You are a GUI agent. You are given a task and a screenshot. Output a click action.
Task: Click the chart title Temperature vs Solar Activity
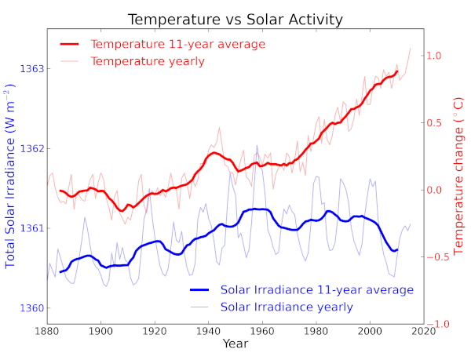click(235, 19)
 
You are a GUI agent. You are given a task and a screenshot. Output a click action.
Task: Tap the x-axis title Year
click(235, 344)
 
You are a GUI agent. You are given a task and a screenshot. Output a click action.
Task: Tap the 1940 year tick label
click(208, 330)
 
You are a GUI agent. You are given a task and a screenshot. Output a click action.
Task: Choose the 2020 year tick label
click(422, 330)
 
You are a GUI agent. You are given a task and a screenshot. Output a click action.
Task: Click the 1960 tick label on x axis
click(262, 330)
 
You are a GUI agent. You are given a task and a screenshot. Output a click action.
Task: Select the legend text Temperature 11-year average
click(178, 44)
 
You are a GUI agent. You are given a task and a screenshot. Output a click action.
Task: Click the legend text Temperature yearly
click(148, 61)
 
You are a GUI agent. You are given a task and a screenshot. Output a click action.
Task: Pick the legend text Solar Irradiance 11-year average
click(317, 290)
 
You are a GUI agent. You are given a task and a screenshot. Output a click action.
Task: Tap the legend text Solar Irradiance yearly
click(287, 307)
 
